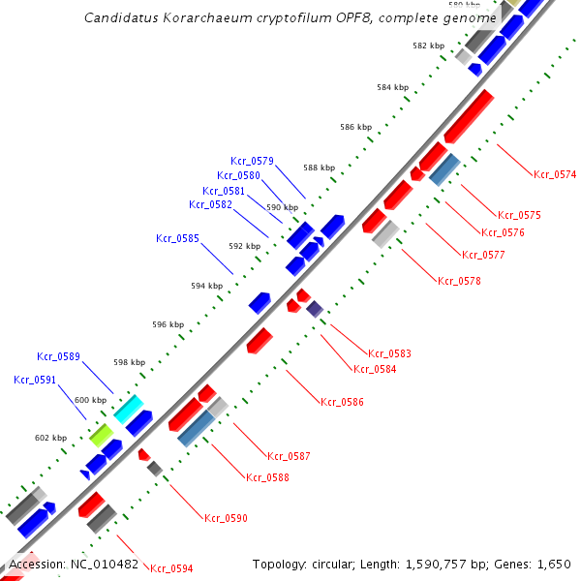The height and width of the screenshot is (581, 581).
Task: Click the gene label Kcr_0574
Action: pos(555,174)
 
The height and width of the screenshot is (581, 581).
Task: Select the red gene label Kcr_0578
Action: pos(459,281)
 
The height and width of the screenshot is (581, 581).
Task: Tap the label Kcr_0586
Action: pos(343,401)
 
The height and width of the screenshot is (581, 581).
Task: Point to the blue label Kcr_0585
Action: pos(177,238)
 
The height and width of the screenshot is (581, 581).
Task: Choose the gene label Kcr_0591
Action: pos(35,380)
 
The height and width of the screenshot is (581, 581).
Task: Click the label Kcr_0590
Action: pos(226,518)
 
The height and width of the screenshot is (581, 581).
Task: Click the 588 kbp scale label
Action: pos(320,168)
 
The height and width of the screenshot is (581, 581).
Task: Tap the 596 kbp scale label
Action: pos(168,325)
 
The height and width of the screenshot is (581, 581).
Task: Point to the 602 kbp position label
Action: pos(50,438)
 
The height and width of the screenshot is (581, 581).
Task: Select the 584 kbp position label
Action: pos(393,88)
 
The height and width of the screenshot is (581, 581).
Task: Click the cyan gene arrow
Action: pos(129,409)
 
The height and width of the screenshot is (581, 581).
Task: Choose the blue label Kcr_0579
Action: pos(252,161)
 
